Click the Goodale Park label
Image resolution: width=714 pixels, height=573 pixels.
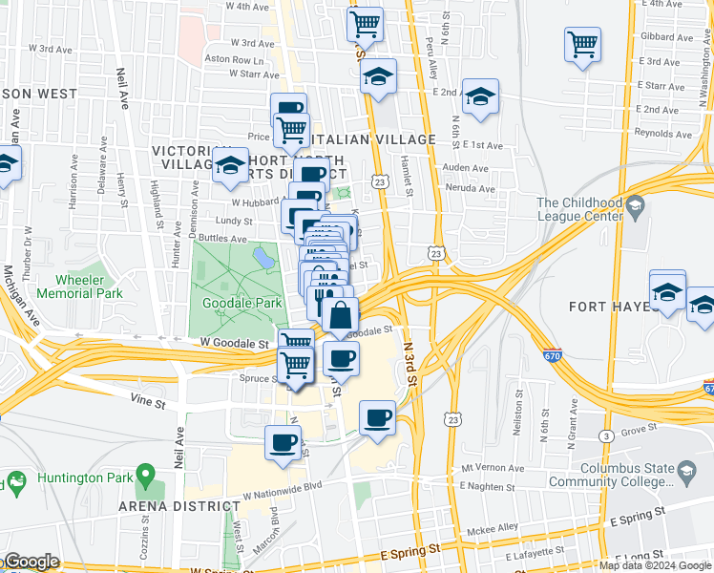pyautogui.click(x=242, y=303)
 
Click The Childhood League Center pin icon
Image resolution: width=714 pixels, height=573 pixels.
pyautogui.click(x=635, y=206)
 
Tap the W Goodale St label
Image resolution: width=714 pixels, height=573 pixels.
pyautogui.click(x=234, y=342)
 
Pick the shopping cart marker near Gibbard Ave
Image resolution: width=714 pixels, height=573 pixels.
pyautogui.click(x=581, y=44)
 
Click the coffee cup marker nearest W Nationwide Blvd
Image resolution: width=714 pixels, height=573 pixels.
pyautogui.click(x=283, y=442)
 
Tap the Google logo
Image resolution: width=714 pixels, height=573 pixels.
pyautogui.click(x=31, y=562)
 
